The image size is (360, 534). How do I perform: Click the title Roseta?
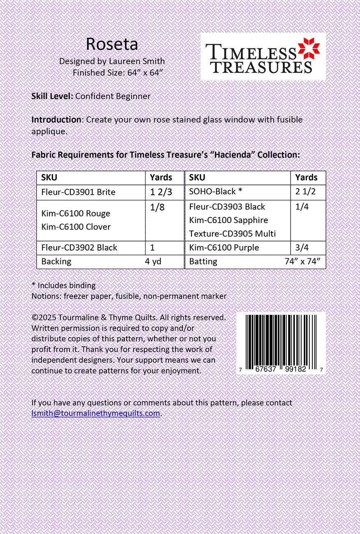click(x=112, y=44)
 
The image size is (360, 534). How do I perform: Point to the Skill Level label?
click(x=52, y=96)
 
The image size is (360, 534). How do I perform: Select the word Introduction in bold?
click(x=56, y=120)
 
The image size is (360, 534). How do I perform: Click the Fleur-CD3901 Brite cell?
click(x=78, y=192)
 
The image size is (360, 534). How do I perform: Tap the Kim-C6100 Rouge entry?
click(x=76, y=214)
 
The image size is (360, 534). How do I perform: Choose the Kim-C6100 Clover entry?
click(x=76, y=227)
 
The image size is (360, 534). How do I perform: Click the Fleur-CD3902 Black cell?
click(x=79, y=248)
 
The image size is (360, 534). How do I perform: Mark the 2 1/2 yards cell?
click(x=305, y=191)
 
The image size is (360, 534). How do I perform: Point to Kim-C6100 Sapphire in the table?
click(x=228, y=220)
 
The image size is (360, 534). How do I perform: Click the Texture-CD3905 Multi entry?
click(x=232, y=234)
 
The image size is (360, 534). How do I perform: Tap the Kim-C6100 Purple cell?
click(x=224, y=248)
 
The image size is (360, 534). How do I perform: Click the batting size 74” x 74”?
click(x=302, y=262)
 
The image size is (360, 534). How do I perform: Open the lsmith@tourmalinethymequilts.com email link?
click(x=96, y=413)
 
